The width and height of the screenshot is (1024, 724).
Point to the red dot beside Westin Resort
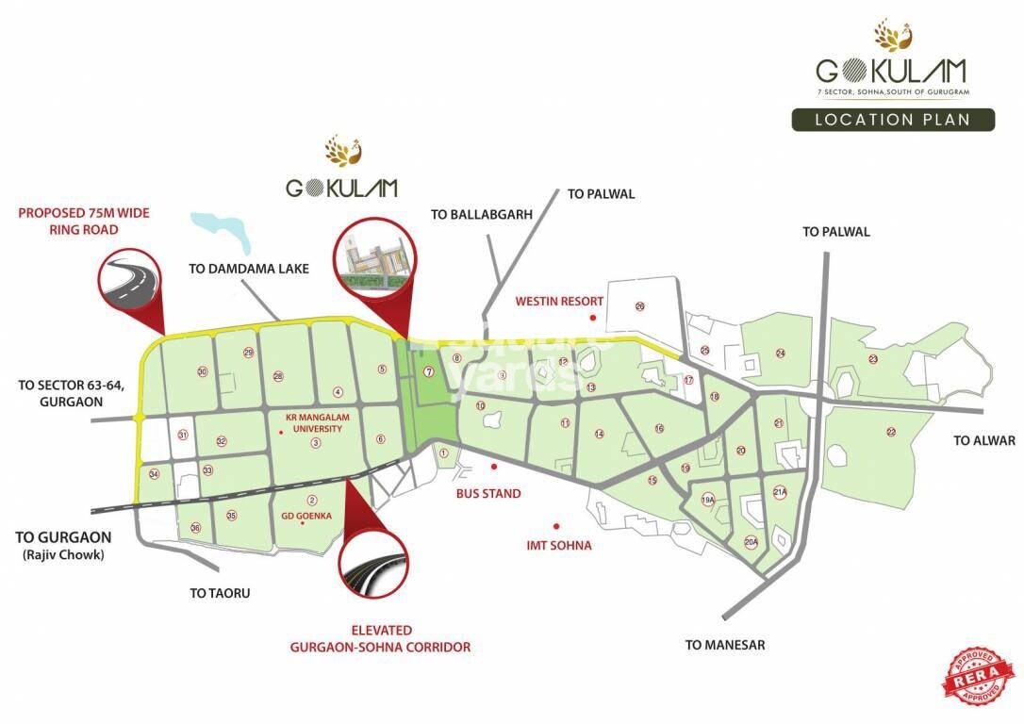(592, 319)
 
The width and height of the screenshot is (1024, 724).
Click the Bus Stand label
(488, 493)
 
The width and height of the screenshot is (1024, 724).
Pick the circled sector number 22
(890, 432)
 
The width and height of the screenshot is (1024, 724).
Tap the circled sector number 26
(639, 306)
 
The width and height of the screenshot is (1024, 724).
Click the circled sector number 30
(202, 371)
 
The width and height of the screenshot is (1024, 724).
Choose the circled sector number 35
(231, 515)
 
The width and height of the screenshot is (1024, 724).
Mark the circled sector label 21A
(779, 492)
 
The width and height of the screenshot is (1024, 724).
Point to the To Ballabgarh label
(482, 214)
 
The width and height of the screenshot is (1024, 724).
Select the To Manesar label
(725, 645)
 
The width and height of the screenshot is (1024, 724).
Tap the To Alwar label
(983, 440)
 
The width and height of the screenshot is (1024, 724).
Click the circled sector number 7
(428, 371)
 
